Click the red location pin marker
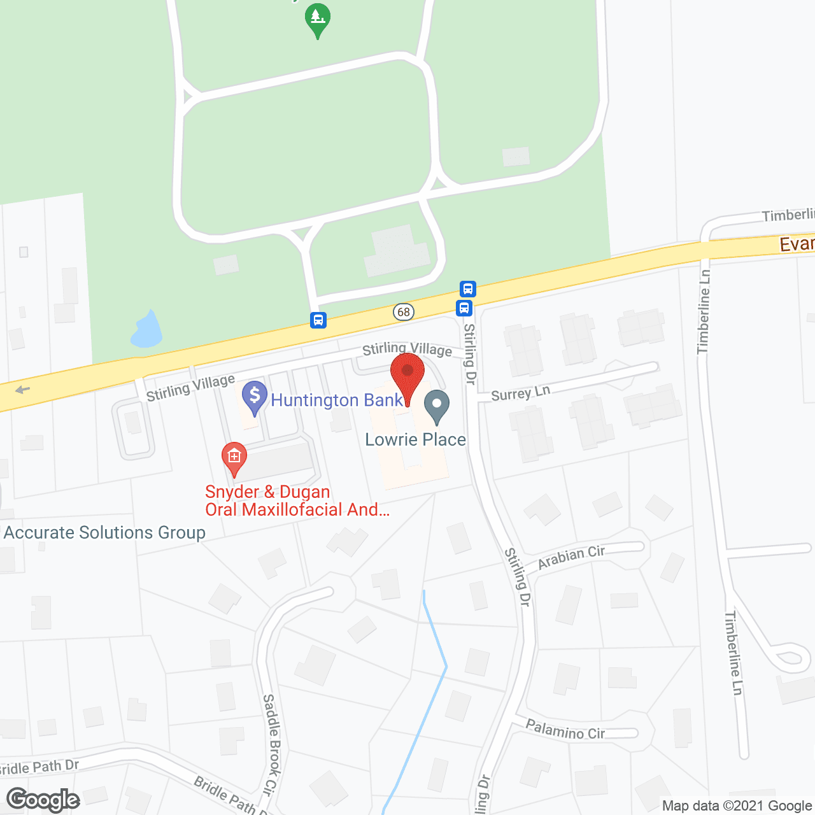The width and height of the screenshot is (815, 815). [407, 376]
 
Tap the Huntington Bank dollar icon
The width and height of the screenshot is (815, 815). [255, 397]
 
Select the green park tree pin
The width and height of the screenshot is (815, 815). [317, 19]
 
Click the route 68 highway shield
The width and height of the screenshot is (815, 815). [404, 312]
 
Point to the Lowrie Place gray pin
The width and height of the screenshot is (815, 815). [437, 406]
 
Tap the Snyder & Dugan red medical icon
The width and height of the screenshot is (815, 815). [234, 458]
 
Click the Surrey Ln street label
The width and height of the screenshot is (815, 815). [520, 393]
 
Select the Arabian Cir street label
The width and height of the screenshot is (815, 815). [571, 557]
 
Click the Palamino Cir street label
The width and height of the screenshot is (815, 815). [565, 728]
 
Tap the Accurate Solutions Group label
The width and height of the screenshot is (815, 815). [104, 532]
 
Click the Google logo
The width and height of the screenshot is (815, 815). [43, 800]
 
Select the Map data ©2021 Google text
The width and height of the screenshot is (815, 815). [737, 806]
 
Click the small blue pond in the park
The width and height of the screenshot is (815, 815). [146, 331]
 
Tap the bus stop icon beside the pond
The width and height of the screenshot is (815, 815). [318, 320]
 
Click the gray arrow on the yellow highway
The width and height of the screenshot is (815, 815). [22, 390]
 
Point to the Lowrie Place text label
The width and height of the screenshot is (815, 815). [415, 439]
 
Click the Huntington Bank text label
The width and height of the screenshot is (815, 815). [337, 400]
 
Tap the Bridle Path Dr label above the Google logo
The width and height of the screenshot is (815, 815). [39, 767]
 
